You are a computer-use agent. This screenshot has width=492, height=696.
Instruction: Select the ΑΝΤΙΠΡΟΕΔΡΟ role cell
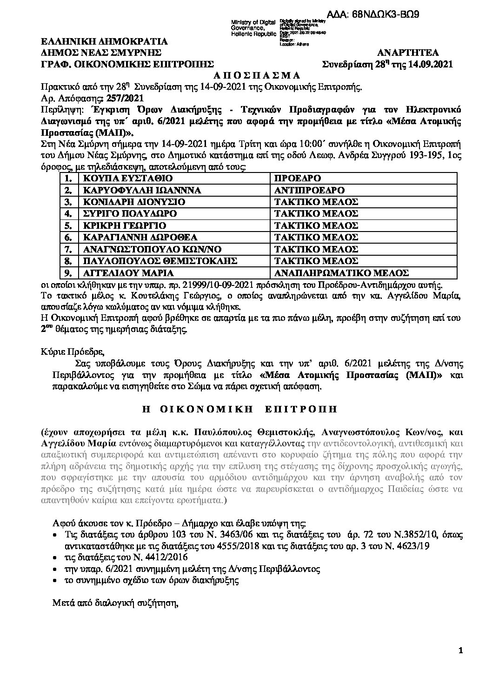click(309, 190)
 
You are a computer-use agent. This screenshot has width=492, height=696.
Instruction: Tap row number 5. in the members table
click(69, 225)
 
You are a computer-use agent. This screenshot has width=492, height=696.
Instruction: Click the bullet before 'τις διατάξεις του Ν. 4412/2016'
click(56, 557)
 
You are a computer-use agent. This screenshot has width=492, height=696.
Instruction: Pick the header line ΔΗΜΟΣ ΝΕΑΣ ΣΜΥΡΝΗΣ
click(101, 52)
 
